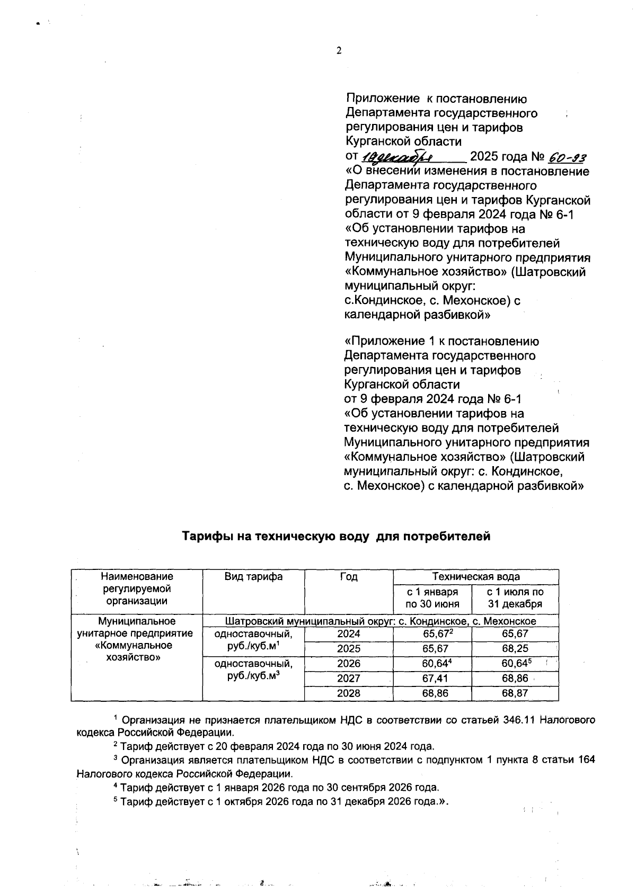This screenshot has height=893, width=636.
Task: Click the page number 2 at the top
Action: (x=339, y=51)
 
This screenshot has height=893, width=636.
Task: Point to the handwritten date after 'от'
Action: (x=397, y=157)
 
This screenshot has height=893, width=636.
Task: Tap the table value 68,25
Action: (x=515, y=648)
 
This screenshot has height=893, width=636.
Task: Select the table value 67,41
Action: (x=432, y=678)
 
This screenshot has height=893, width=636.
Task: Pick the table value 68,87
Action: (x=515, y=693)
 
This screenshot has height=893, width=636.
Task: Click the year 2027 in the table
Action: (x=348, y=678)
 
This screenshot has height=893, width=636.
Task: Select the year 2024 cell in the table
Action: (x=348, y=633)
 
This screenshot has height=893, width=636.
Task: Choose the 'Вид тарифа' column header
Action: (x=253, y=577)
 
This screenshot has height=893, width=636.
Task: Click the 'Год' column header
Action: (x=348, y=577)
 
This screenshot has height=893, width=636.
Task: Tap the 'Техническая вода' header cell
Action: (x=475, y=577)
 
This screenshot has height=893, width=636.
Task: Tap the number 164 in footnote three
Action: (x=586, y=760)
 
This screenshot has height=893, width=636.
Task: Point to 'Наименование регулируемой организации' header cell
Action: (x=137, y=588)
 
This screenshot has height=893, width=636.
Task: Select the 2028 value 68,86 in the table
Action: (x=432, y=693)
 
